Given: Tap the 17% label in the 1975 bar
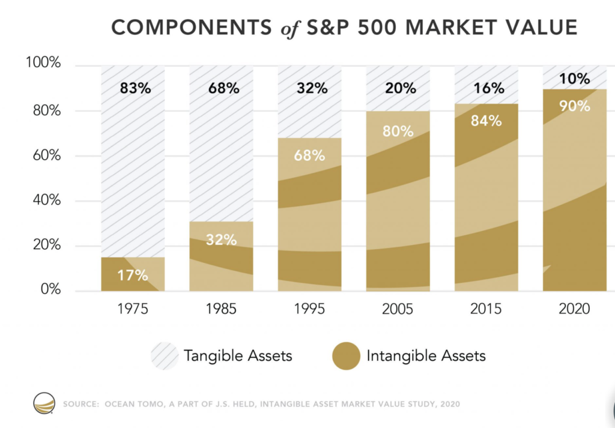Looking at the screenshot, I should (x=133, y=276).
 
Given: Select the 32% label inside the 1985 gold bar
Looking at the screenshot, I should (x=221, y=240).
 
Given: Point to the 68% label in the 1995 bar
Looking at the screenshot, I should (x=309, y=156).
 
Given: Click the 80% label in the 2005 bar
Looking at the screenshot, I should (x=398, y=131).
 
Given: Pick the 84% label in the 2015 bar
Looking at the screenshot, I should (x=486, y=121).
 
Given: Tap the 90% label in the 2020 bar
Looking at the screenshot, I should (x=574, y=106).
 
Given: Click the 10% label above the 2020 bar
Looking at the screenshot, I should (x=574, y=79).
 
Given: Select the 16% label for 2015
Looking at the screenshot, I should (x=486, y=89).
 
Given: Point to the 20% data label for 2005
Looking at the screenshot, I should (x=398, y=89).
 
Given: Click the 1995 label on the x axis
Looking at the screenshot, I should (x=309, y=309).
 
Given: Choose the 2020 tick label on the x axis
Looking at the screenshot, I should (x=574, y=309).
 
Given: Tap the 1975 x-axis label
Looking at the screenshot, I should (x=133, y=309).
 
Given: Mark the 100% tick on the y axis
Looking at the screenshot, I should (x=43, y=64).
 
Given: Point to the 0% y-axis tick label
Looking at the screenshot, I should (x=50, y=290).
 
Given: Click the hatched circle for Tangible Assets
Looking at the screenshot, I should (x=165, y=355).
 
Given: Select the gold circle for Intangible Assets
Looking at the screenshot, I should (x=346, y=355).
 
